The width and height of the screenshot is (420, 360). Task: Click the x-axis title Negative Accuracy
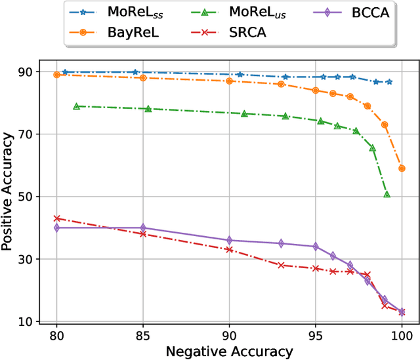pos(228,351)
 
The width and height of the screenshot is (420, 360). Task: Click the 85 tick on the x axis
pos(142,334)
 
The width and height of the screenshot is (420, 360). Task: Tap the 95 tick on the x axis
pos(315,334)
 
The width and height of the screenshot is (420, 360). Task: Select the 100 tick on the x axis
pos(401,334)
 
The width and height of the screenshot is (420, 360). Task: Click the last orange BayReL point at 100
pos(402,169)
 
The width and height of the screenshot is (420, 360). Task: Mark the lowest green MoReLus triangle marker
pos(387,195)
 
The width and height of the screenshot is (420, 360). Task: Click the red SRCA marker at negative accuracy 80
pos(57,218)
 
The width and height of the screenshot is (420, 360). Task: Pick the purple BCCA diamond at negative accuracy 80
pos(57,228)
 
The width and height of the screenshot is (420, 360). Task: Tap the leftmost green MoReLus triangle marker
pos(76,106)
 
